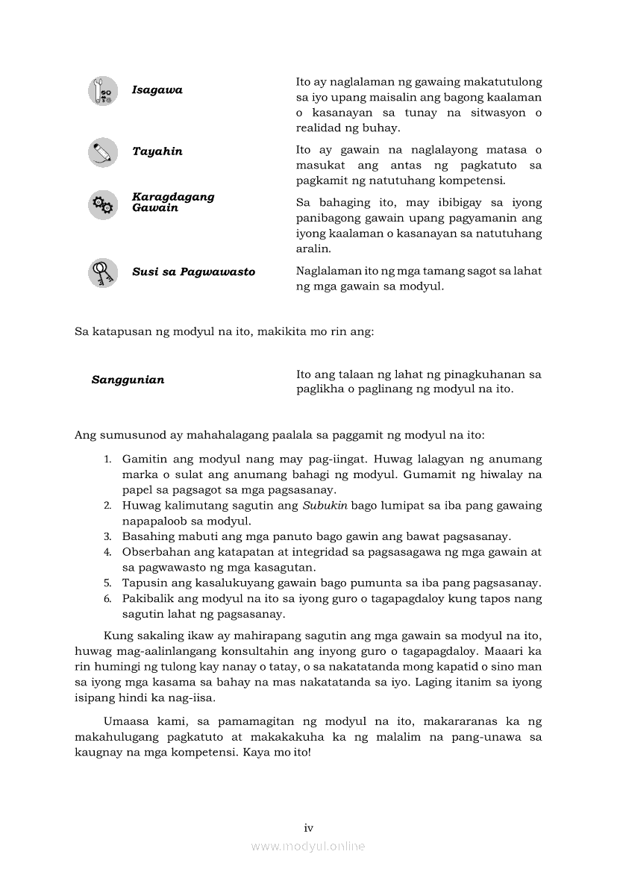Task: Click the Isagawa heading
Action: (x=157, y=90)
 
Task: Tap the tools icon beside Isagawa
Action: (x=103, y=91)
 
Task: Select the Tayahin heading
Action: (x=157, y=151)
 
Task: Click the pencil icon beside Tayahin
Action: (x=103, y=152)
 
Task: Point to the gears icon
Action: (x=103, y=204)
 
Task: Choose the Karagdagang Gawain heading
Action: (x=173, y=202)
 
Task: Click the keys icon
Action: (x=103, y=272)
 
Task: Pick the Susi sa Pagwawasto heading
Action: (x=193, y=272)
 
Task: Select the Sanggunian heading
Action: (x=128, y=380)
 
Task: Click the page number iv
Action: (x=308, y=827)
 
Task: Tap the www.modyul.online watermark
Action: (x=308, y=847)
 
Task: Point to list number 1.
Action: (x=107, y=459)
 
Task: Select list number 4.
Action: (x=107, y=553)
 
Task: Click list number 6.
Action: (x=107, y=599)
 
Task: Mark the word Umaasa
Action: (x=128, y=721)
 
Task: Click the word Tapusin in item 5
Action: (x=144, y=583)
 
